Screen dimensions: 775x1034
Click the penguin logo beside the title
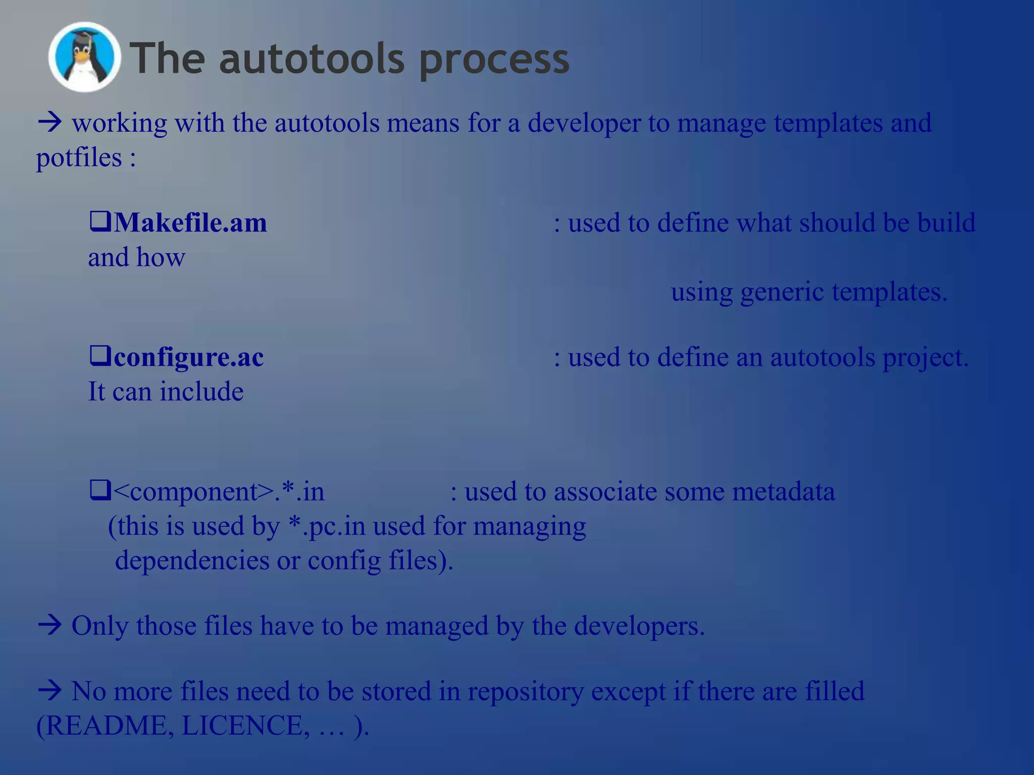pos(84,57)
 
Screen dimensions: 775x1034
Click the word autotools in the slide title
pos(312,60)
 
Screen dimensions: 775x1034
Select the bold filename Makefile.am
pos(190,223)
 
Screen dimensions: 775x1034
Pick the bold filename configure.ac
pos(188,357)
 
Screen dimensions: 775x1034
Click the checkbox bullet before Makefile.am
pos(100,222)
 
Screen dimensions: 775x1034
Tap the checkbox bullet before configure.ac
pos(100,356)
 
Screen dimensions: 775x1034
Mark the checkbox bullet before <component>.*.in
pos(100,490)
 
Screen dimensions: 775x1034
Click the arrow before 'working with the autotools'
pos(49,123)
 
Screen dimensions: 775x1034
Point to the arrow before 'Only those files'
pos(49,626)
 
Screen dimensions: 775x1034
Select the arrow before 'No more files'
pos(49,691)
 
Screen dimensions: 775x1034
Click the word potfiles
pos(79,158)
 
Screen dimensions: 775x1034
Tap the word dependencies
pos(192,561)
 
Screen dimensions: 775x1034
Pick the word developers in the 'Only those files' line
pos(638,626)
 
